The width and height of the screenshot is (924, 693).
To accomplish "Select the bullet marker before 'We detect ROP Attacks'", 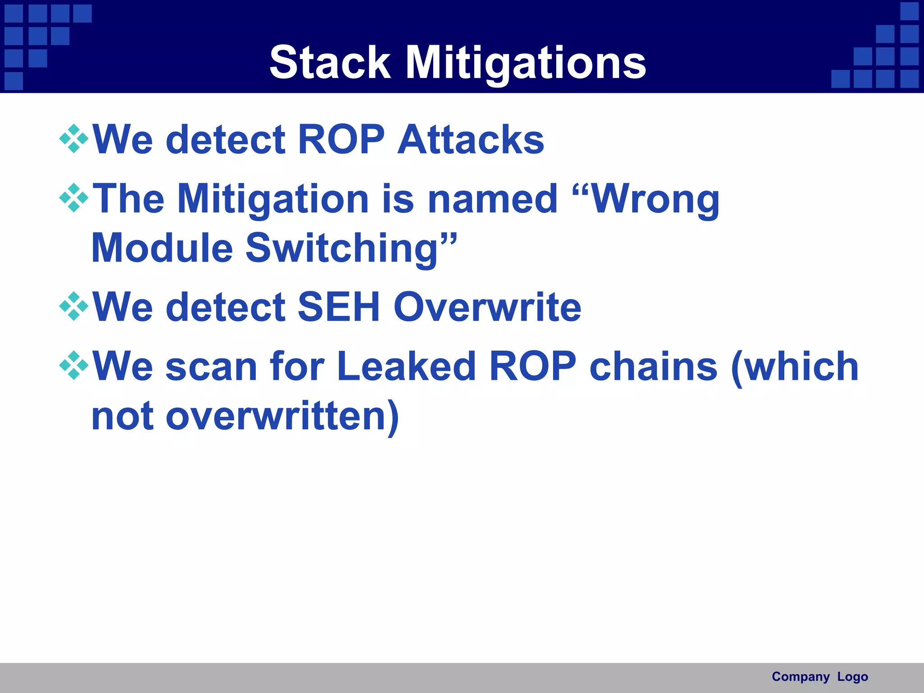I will pos(74,139).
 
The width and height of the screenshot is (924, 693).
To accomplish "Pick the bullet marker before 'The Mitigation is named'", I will pos(74,198).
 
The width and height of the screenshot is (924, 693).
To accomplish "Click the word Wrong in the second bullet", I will pos(654,199).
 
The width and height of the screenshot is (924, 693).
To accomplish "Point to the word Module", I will pos(162,248).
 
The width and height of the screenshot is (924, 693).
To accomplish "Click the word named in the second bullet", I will pos(493,199).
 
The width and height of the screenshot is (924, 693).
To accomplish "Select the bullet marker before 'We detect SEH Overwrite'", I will pos(74,306).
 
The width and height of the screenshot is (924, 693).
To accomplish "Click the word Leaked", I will pos(406,366).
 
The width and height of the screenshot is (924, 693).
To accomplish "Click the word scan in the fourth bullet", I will pos(212,367).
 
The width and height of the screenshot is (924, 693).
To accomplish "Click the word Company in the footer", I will pos(800,677).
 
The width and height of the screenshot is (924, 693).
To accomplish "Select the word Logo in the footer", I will pos(852,677).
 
